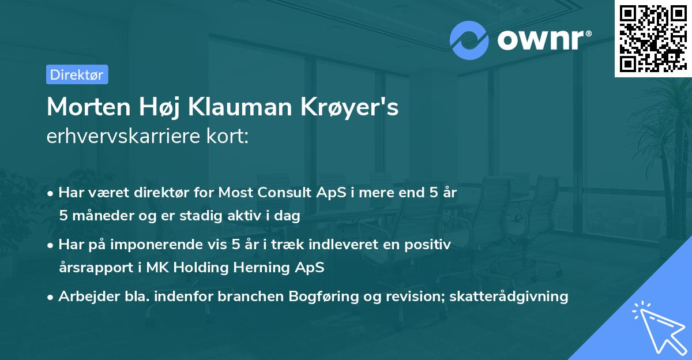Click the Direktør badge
pos(77,74)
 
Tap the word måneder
pos(102,216)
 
